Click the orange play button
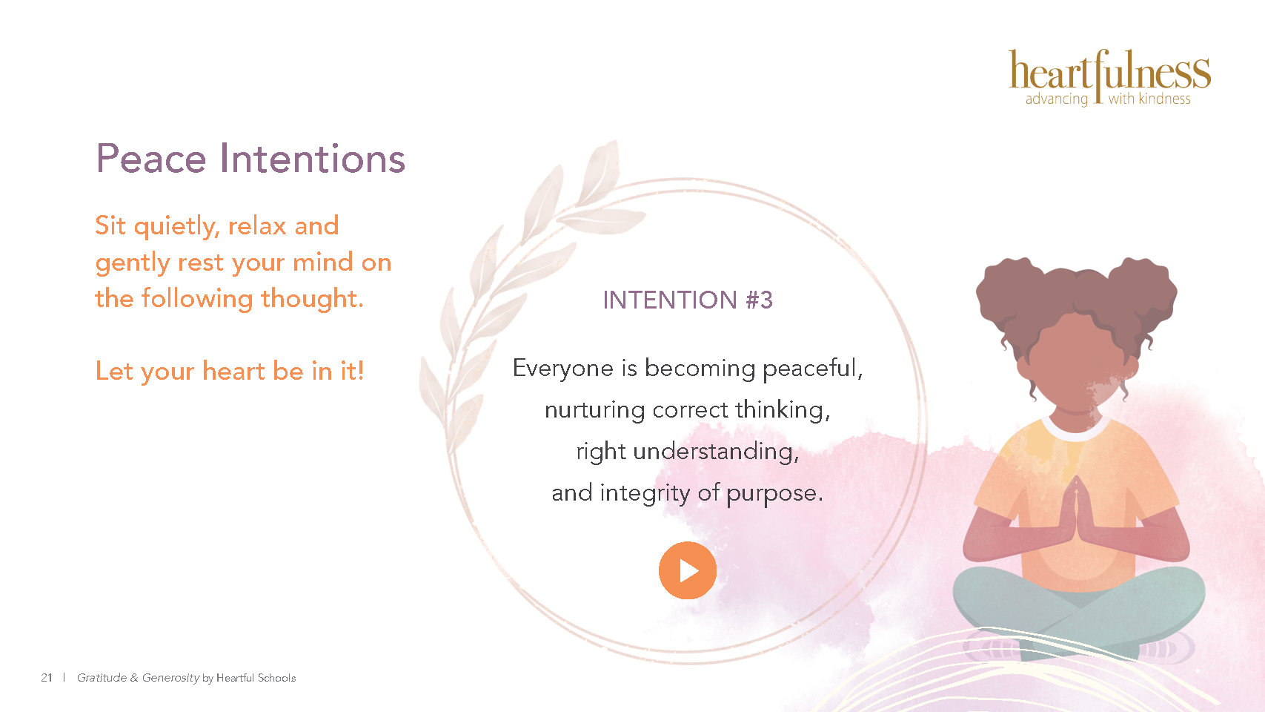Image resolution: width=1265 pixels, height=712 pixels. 687,570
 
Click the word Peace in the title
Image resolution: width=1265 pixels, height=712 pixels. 151,158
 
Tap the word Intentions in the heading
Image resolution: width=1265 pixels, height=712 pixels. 312,158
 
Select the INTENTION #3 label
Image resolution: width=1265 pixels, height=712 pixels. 687,300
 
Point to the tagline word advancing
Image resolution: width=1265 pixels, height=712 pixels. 1057,99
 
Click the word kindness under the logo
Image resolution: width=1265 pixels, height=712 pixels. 1164,99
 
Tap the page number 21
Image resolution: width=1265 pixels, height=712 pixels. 46,678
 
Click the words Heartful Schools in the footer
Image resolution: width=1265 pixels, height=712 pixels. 256,678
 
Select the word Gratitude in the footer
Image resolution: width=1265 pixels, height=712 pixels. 102,678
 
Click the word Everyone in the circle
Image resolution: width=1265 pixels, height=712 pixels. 563,369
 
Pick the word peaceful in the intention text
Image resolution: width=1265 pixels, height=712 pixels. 813,369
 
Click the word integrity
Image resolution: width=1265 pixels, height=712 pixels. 645,493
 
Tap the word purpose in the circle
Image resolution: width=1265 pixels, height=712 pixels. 774,494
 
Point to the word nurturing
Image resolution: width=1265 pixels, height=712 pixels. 594,410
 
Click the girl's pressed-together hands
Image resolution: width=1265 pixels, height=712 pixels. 1076,511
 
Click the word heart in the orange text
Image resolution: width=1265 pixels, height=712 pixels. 233,372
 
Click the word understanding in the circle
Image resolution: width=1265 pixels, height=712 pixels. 716,452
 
